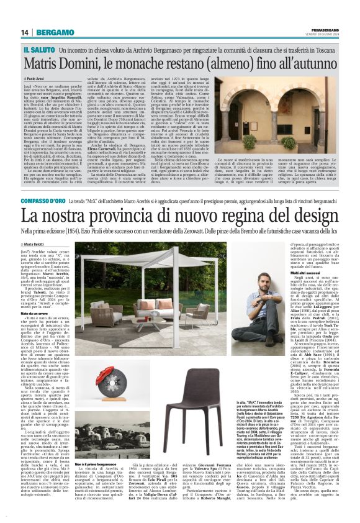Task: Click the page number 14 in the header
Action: coord(25,32)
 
